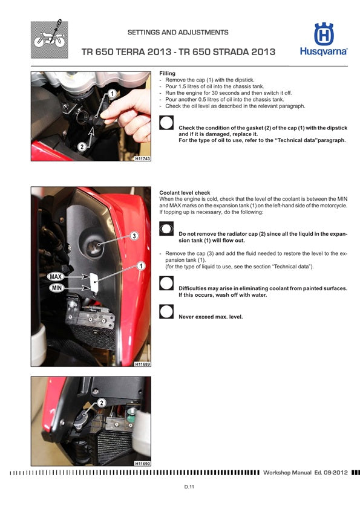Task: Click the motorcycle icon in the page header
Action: (48, 39)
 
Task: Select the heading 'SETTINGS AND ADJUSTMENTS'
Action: (178, 32)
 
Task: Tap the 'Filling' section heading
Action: (167, 74)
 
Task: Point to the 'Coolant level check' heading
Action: (185, 193)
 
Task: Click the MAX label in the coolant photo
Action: (56, 276)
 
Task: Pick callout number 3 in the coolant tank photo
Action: (134, 235)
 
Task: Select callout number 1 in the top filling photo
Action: (112, 94)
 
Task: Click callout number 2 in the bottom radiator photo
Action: (101, 403)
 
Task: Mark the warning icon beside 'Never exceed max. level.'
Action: (166, 311)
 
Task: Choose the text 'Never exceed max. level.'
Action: (211, 316)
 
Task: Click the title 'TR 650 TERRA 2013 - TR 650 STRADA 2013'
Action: (178, 52)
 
